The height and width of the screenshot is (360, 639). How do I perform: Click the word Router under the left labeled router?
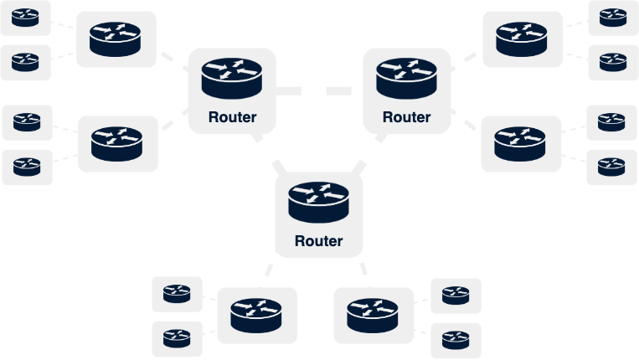(x=232, y=117)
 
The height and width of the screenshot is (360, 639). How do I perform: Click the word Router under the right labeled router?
(x=406, y=117)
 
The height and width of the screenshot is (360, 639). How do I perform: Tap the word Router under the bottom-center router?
(x=319, y=241)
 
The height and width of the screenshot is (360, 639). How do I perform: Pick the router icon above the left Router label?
(x=232, y=77)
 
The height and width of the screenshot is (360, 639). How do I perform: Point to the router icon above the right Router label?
(x=406, y=77)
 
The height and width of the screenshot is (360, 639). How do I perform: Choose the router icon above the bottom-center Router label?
(x=319, y=201)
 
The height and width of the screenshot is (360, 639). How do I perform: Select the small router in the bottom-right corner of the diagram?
(x=456, y=340)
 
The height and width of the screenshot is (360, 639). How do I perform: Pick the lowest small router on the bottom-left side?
(x=177, y=339)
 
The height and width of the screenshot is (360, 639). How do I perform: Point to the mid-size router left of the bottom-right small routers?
(x=374, y=316)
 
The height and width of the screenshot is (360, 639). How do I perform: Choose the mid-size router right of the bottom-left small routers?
(x=258, y=316)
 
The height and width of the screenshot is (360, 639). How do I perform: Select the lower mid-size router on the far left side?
(x=117, y=144)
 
